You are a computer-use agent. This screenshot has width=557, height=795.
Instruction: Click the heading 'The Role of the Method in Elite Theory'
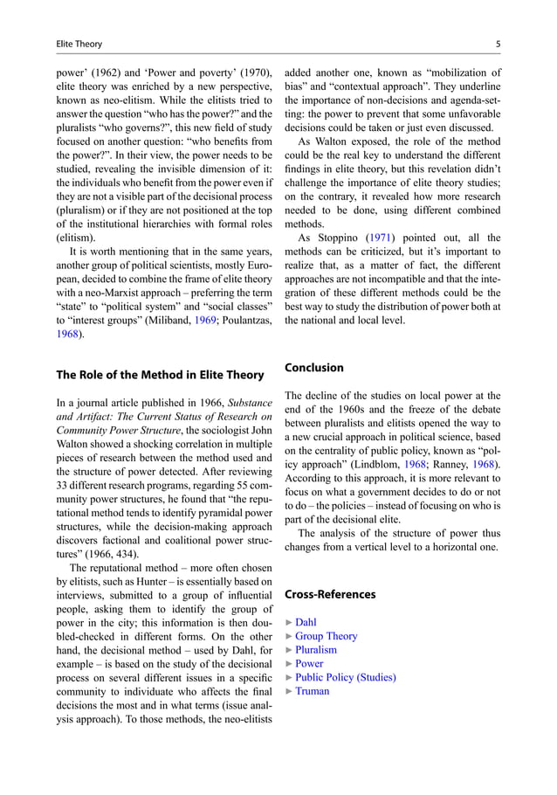point(160,375)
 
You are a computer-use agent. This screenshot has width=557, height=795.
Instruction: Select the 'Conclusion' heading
point(314,368)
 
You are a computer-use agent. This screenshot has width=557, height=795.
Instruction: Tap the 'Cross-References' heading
point(330,594)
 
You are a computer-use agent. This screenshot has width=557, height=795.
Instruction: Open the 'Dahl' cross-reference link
point(306,623)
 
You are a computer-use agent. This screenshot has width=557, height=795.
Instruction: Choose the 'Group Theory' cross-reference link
point(326,637)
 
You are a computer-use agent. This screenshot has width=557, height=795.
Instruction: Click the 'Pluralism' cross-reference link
point(315,650)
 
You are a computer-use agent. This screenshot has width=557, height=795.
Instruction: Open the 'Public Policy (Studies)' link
point(345,677)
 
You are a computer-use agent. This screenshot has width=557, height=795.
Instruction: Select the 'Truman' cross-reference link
point(312,691)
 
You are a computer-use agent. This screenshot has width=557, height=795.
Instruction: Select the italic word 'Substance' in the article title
point(249,402)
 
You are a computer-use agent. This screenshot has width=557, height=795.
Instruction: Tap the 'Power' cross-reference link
point(309,664)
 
